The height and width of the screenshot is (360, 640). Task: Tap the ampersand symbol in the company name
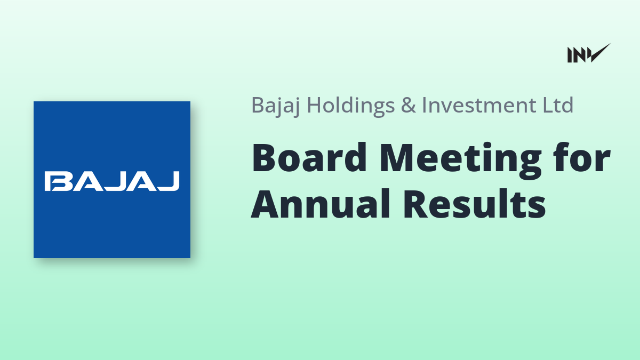pyautogui.click(x=409, y=105)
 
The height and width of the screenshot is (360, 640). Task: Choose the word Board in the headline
pyautogui.click(x=309, y=157)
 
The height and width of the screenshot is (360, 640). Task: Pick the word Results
pyautogui.click(x=475, y=203)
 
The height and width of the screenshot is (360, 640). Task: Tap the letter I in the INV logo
pyautogui.click(x=570, y=55)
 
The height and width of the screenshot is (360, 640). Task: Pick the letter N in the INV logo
pyautogui.click(x=579, y=55)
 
